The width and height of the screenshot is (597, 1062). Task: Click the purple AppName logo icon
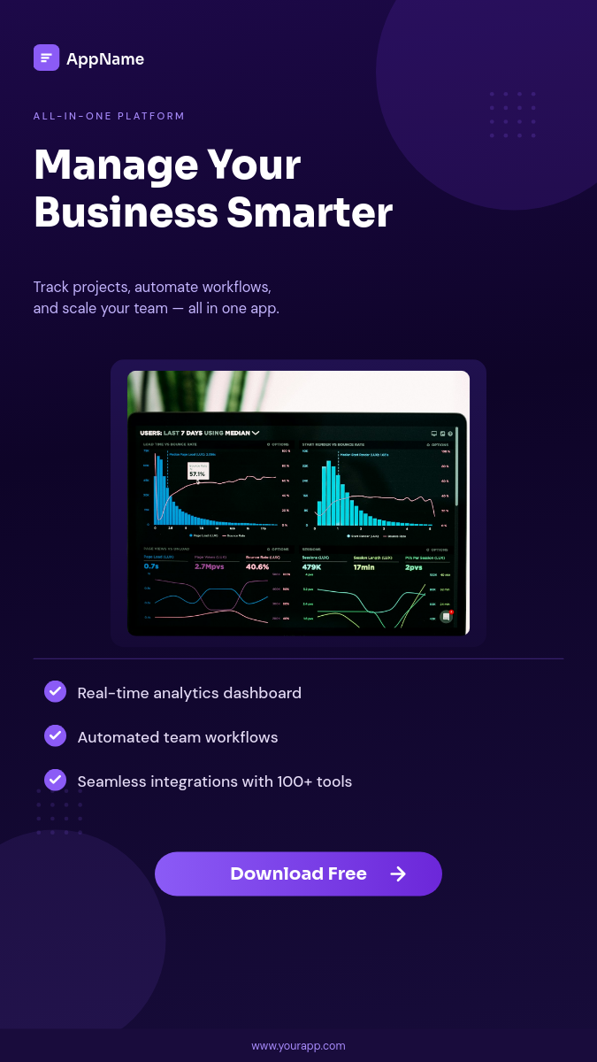tap(46, 58)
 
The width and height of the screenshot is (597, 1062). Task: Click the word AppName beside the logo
tap(105, 59)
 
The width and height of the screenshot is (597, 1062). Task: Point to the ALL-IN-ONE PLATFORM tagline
tap(109, 116)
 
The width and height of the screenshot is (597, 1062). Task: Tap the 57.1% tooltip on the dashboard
tap(197, 474)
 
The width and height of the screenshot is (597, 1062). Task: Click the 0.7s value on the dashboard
tap(151, 566)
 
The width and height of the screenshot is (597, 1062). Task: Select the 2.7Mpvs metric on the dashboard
tap(210, 566)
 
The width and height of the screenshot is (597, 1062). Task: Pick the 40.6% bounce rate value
tap(257, 566)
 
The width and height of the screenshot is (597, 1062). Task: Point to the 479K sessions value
tap(311, 566)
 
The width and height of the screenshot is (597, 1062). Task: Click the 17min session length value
tap(364, 566)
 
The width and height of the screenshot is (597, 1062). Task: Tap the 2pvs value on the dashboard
tap(414, 566)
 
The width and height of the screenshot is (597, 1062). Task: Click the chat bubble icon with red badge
tap(447, 617)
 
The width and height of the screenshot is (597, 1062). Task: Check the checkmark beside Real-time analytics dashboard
tap(55, 691)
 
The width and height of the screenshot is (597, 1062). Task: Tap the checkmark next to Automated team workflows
tap(55, 735)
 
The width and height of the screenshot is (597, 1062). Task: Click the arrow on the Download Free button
tap(398, 874)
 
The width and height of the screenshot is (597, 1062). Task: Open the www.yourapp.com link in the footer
tap(298, 1045)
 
